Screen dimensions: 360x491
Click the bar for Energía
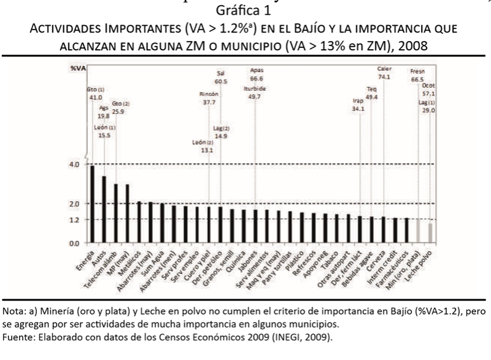tap(93, 204)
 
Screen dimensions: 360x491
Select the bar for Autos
tap(104, 209)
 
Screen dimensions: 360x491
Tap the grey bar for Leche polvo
tap(430, 233)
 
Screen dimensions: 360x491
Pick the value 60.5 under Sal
tap(222, 81)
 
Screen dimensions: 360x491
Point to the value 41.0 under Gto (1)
tap(95, 97)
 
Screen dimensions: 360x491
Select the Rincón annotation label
tap(209, 95)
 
